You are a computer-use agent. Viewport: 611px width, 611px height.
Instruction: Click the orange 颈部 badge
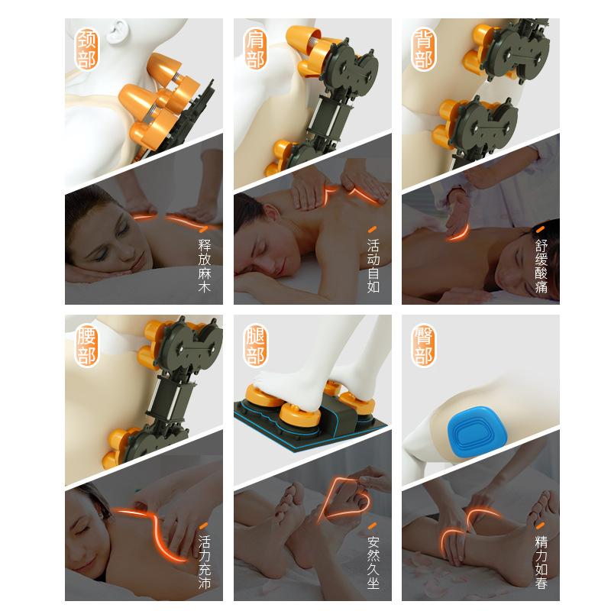click(86, 49)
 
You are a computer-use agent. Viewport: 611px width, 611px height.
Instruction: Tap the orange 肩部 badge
click(255, 49)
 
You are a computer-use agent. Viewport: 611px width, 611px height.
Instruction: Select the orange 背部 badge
click(424, 49)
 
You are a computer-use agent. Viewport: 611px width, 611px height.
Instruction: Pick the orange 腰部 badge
click(86, 346)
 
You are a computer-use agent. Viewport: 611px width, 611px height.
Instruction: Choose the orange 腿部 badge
click(255, 346)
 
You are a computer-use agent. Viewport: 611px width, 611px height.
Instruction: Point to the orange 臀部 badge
click(424, 346)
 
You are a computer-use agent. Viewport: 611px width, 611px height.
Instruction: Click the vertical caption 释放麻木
click(204, 266)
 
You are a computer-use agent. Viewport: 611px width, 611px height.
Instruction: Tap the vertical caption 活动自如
click(373, 266)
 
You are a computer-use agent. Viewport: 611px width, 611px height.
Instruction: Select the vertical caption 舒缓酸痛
click(541, 266)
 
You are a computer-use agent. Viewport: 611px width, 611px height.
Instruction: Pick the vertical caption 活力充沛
click(204, 562)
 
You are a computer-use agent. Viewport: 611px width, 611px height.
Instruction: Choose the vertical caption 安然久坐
click(373, 562)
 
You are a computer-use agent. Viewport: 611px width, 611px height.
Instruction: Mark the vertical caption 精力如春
click(541, 562)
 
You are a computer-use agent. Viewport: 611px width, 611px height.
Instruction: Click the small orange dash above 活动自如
click(373, 230)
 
